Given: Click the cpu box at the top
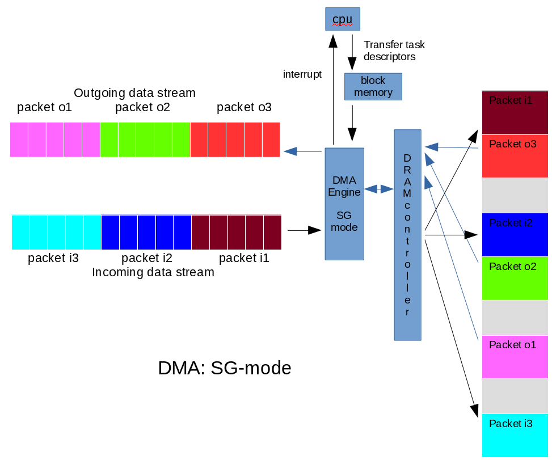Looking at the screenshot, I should (x=343, y=19).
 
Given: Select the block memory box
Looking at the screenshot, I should (x=373, y=87).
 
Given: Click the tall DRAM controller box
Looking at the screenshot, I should (x=407, y=235).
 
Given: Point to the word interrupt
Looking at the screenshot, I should (x=302, y=74).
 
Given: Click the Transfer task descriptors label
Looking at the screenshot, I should (x=394, y=50).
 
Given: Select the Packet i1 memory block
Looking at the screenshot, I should (x=515, y=112).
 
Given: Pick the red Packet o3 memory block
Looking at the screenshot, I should (x=515, y=156).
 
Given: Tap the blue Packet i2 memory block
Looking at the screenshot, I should (x=515, y=234).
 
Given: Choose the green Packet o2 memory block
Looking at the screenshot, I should (x=515, y=278).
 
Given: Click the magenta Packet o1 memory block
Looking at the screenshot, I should (x=515, y=357).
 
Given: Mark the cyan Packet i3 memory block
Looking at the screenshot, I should (x=515, y=435).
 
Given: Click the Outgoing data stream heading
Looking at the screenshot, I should (x=134, y=92).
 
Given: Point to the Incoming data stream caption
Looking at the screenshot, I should (x=153, y=272).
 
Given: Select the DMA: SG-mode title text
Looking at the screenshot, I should (x=224, y=368).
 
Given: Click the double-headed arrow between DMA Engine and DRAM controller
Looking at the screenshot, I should (x=379, y=189).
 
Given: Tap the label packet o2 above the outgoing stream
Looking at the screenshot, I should (x=142, y=107).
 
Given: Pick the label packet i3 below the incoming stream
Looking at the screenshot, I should (x=53, y=259).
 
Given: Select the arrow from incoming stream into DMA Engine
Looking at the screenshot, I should (x=304, y=230).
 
